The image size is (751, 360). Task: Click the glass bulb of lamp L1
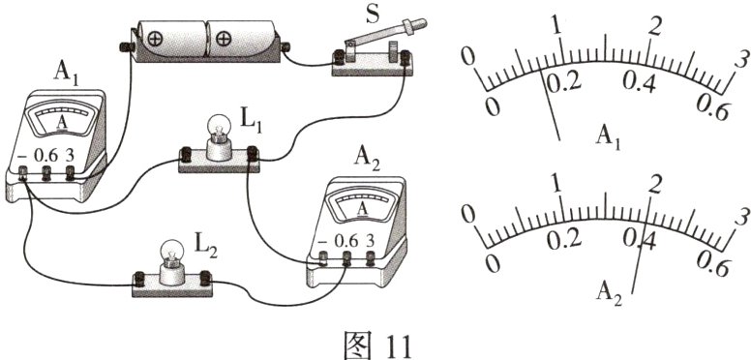(x=219, y=128)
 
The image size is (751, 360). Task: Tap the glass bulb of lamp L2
(x=171, y=252)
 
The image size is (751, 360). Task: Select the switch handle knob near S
(x=414, y=24)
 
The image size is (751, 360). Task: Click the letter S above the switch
(x=372, y=15)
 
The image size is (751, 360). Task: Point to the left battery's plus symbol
(x=155, y=39)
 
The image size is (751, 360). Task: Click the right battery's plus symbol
(x=224, y=39)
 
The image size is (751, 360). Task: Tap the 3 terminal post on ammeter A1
(x=71, y=173)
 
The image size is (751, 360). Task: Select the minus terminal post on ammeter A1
(x=22, y=173)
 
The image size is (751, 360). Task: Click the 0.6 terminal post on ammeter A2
(x=345, y=259)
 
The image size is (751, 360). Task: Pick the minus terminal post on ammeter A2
(x=323, y=259)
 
